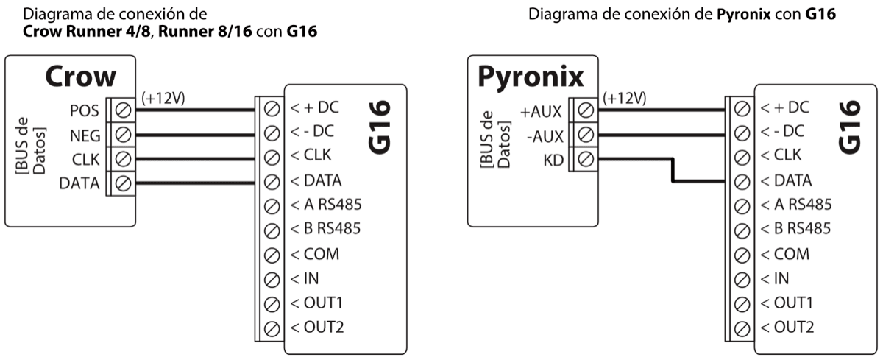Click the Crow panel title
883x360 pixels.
pos(81,77)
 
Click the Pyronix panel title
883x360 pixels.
pos(531,77)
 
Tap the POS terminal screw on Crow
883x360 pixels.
pos(123,110)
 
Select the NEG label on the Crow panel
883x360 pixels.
pos(85,135)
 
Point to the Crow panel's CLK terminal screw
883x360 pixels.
pos(123,159)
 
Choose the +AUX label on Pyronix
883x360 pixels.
pos(542,112)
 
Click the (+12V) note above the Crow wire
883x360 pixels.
pos(163,98)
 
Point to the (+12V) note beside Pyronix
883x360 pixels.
pos(624,98)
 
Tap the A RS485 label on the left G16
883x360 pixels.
pos(326,205)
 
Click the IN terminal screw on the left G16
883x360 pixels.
pos(271,279)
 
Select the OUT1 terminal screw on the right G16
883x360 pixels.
pos(742,303)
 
